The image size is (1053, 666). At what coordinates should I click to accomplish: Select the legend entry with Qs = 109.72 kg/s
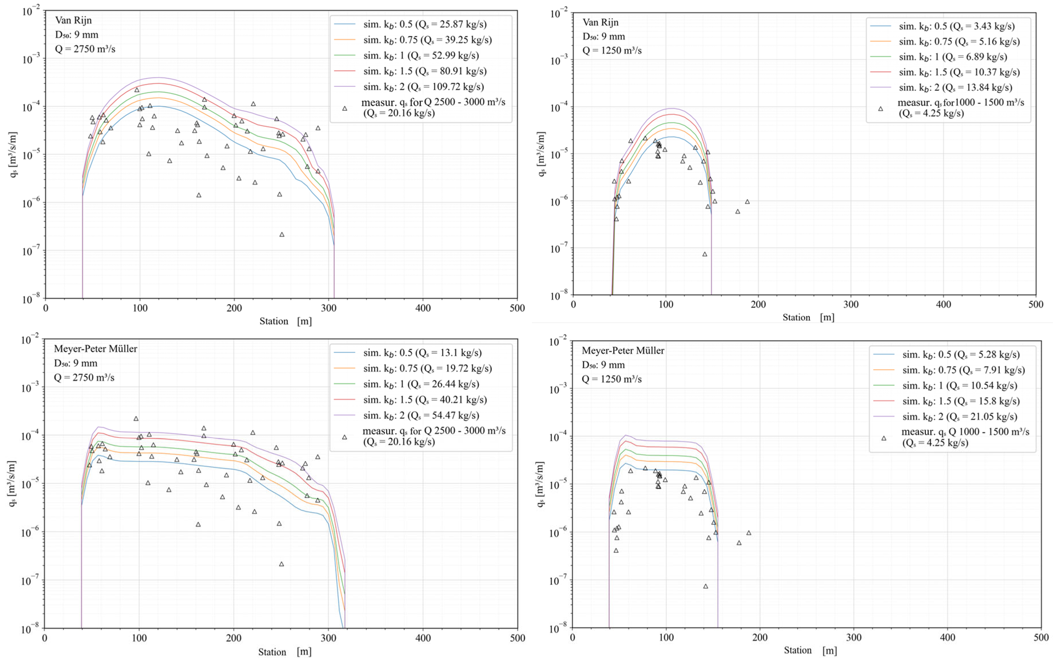(x=423, y=87)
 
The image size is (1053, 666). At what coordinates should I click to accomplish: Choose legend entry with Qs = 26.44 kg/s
(x=421, y=384)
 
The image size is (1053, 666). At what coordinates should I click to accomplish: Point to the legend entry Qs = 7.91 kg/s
(x=963, y=370)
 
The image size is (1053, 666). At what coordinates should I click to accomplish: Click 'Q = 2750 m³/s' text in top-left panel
(x=85, y=49)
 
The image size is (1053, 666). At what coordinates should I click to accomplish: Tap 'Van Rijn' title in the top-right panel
(x=601, y=22)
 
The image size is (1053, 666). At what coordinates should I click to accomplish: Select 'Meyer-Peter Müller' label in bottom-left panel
(x=95, y=349)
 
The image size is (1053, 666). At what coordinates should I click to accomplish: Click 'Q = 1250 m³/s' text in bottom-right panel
(x=611, y=379)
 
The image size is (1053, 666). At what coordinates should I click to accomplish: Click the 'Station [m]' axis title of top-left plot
(x=285, y=321)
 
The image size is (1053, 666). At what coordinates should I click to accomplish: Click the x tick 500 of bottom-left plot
(x=517, y=638)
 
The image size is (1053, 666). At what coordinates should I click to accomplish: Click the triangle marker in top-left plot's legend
(x=345, y=108)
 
